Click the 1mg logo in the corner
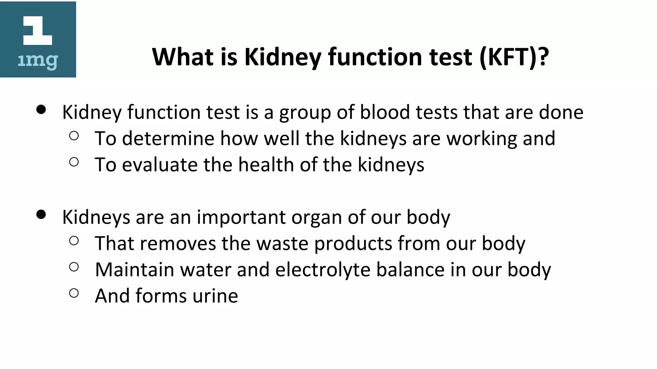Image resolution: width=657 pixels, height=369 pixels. click(x=38, y=39)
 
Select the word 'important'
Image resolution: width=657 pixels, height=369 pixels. click(x=241, y=217)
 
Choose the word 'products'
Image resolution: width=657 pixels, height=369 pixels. click(x=353, y=244)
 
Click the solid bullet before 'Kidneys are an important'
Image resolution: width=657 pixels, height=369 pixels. click(x=41, y=214)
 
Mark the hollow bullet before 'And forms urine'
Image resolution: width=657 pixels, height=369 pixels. click(x=74, y=293)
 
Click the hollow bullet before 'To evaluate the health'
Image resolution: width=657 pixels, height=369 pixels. click(x=74, y=162)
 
